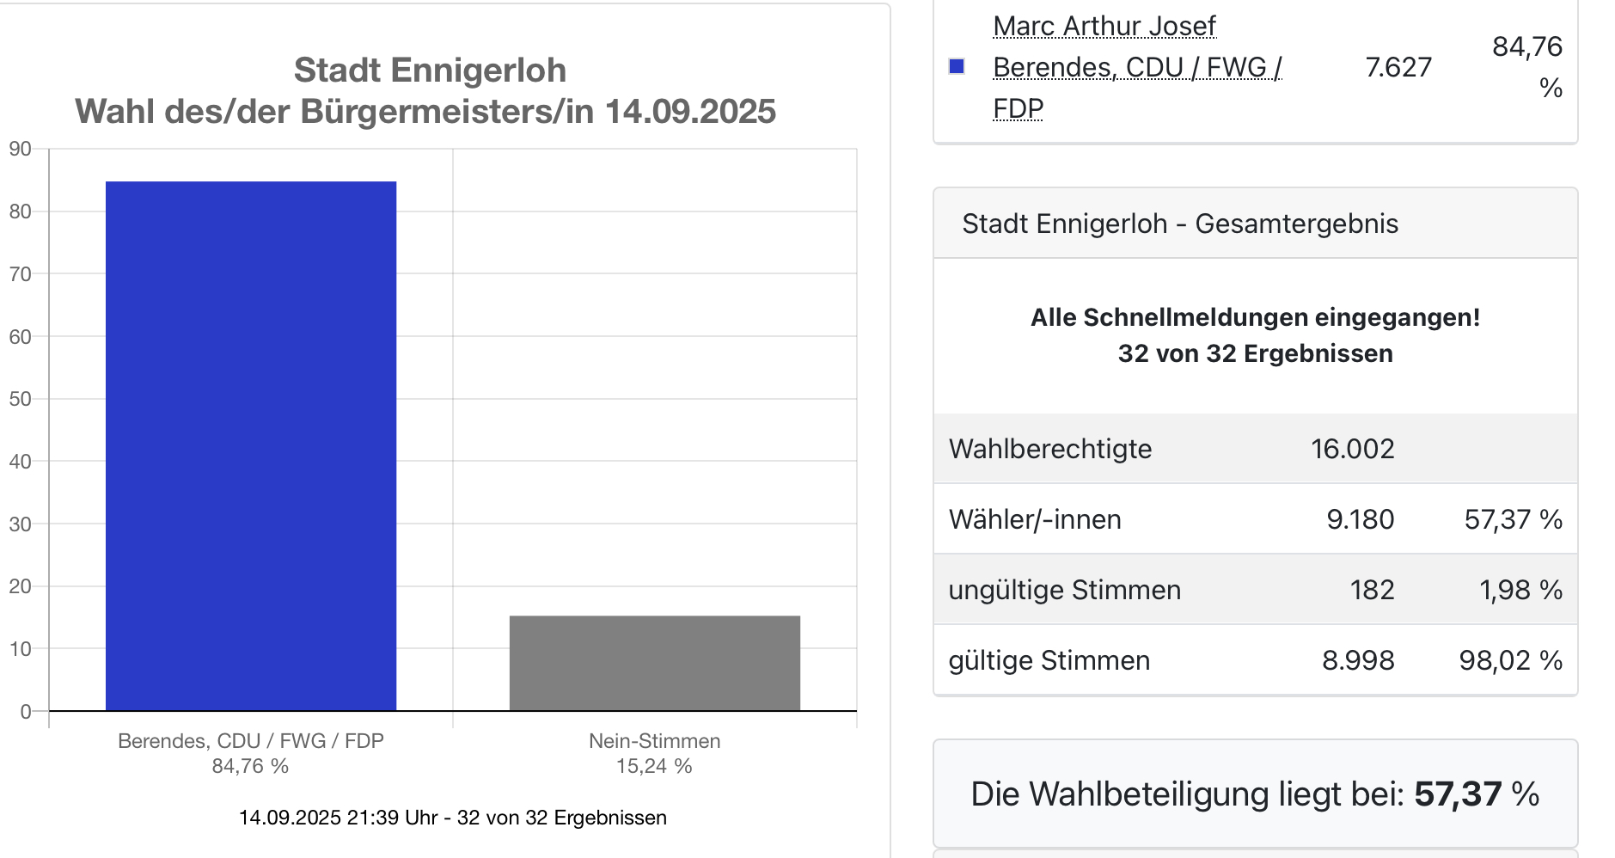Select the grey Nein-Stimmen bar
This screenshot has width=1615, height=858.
654,663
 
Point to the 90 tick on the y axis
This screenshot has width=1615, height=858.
21,149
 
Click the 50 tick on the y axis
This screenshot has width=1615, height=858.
21,399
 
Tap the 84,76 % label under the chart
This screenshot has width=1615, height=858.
250,766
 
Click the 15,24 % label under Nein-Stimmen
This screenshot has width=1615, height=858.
654,766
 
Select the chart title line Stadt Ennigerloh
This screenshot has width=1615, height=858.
430,70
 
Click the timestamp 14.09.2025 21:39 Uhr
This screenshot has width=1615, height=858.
338,818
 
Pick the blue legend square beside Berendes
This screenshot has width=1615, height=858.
957,67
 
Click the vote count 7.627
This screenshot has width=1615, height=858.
1398,67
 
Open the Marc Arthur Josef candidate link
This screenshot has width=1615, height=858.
1104,27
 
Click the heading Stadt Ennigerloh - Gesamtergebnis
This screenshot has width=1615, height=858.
1180,224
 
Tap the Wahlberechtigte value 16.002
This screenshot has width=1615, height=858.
1352,449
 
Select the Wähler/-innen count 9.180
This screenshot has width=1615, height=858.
1360,519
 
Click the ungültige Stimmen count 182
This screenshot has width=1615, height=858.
1372,590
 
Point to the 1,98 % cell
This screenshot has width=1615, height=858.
1520,590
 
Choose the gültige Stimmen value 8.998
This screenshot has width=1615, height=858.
1358,660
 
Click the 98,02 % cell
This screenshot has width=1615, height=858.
1510,660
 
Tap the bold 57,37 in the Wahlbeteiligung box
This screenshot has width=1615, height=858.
1458,794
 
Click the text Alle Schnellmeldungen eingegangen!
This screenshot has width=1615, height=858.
1255,317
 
